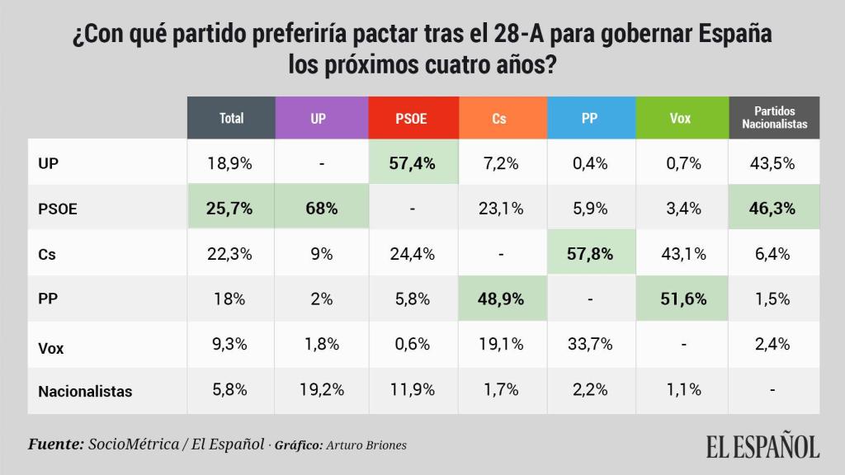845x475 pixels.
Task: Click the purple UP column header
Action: tap(319, 118)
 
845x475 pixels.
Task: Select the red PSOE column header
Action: tap(412, 118)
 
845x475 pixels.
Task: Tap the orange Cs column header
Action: tap(499, 118)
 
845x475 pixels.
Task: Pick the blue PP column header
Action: tap(589, 118)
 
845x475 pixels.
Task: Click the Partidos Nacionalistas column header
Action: tap(774, 118)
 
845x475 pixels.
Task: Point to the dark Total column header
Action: tap(231, 118)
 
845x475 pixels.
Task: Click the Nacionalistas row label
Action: tap(85, 392)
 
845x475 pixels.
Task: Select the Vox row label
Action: tap(51, 347)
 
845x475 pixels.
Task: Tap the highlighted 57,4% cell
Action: tap(412, 162)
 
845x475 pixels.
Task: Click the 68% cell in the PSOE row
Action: tap(319, 208)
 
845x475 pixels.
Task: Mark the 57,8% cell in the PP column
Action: tap(589, 253)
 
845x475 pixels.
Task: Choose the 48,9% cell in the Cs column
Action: tap(499, 299)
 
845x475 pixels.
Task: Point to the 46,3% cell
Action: tap(774, 208)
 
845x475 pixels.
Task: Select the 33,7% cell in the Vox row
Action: tap(589, 345)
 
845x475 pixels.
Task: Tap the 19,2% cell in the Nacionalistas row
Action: tap(319, 390)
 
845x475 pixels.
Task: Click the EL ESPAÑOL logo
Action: tap(762, 446)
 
